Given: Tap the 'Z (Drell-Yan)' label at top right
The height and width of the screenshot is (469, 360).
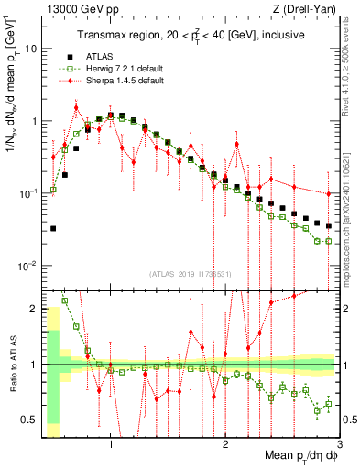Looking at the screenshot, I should tap(310, 10).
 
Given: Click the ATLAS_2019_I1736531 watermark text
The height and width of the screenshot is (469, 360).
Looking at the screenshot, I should tap(191, 274).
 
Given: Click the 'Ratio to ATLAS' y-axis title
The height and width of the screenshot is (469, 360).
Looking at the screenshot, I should tap(12, 364).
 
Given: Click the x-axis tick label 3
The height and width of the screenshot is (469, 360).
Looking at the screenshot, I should tap(339, 441).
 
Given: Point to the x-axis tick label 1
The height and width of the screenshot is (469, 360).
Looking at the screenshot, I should tap(111, 441).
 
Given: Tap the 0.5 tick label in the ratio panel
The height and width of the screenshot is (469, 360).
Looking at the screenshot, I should tap(29, 420).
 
